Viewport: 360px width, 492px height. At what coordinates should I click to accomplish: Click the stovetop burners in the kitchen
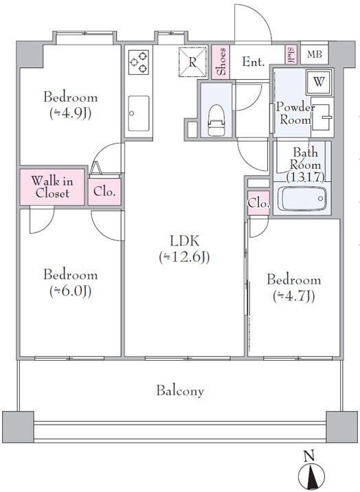pyautogui.click(x=138, y=63)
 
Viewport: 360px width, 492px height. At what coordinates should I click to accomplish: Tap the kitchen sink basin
pyautogui.click(x=138, y=113)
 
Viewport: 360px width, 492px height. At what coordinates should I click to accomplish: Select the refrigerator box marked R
pyautogui.click(x=193, y=62)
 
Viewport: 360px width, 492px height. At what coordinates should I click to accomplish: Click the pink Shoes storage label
pyautogui.click(x=221, y=62)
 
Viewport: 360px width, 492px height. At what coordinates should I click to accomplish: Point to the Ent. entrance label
pyautogui.click(x=254, y=62)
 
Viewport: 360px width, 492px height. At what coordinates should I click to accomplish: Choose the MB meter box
pyautogui.click(x=315, y=54)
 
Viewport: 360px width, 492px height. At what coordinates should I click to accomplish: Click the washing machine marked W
pyautogui.click(x=319, y=82)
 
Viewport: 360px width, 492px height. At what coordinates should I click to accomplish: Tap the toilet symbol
pyautogui.click(x=216, y=120)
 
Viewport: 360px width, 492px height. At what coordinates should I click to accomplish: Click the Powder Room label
pyautogui.click(x=295, y=113)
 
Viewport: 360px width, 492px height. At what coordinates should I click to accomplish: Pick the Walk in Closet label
pyautogui.click(x=52, y=187)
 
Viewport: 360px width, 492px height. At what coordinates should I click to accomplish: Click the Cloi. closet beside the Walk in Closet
pyautogui.click(x=104, y=192)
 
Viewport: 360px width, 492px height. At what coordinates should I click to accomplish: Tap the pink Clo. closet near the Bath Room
pyautogui.click(x=258, y=203)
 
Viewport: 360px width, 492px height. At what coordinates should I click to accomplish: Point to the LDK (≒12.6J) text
pyautogui.click(x=184, y=249)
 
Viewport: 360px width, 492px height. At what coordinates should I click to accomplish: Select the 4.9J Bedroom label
pyautogui.click(x=71, y=105)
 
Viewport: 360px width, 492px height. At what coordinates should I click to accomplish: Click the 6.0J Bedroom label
pyautogui.click(x=71, y=282)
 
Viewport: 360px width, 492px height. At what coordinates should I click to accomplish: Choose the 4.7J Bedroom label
pyautogui.click(x=294, y=288)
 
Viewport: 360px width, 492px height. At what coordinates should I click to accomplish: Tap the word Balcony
pyautogui.click(x=180, y=391)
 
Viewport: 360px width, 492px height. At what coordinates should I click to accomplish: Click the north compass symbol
pyautogui.click(x=311, y=471)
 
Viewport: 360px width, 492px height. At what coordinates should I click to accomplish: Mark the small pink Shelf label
pyautogui.click(x=291, y=55)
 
